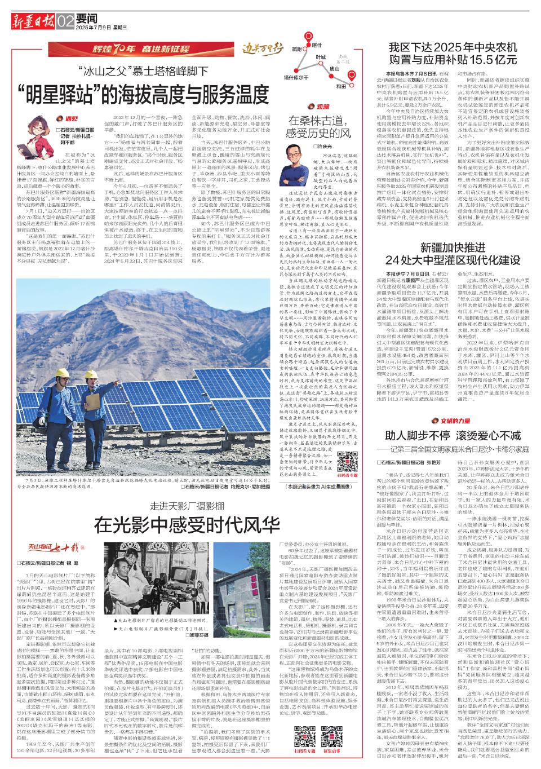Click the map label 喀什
[317, 45]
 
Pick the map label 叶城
[320, 58]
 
